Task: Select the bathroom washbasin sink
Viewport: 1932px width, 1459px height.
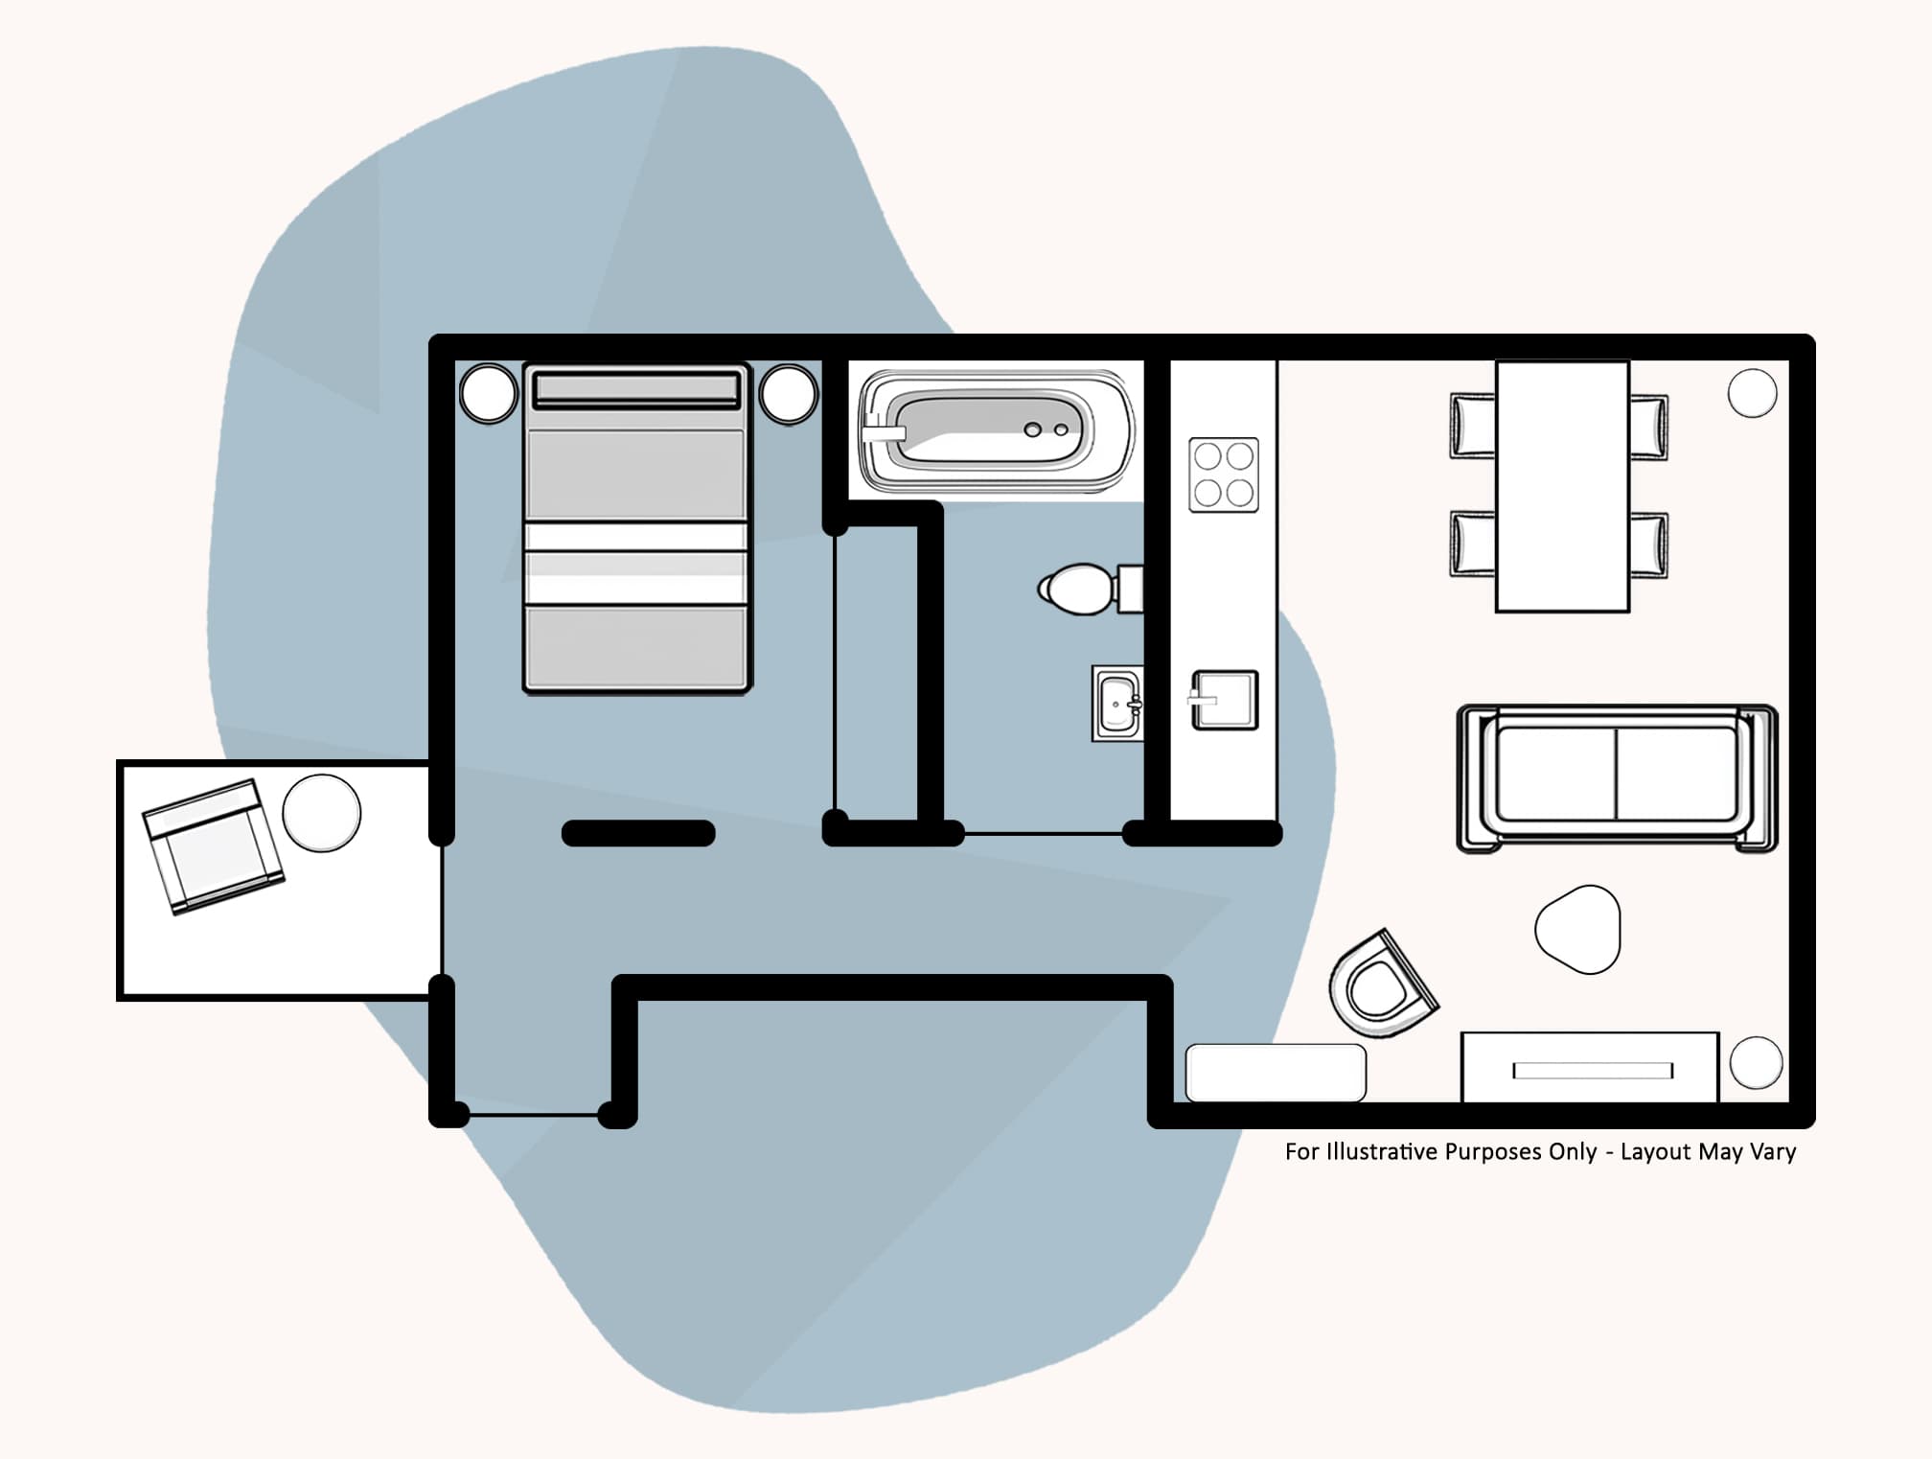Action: (x=1117, y=705)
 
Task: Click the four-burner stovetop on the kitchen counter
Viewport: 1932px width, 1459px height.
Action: (x=1224, y=475)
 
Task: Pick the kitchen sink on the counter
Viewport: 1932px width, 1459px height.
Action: (x=1225, y=700)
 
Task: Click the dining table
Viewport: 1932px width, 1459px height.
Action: (x=1562, y=486)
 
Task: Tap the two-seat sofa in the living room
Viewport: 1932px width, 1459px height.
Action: (x=1617, y=777)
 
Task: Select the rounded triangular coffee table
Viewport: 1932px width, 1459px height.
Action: (x=1578, y=929)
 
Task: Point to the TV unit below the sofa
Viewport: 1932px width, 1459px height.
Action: (x=1590, y=1068)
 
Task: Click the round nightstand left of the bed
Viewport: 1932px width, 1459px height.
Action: (x=489, y=393)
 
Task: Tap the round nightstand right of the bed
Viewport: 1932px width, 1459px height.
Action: (x=788, y=393)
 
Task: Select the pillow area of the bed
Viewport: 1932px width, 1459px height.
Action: (x=636, y=389)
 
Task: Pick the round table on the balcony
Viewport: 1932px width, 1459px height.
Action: (x=322, y=813)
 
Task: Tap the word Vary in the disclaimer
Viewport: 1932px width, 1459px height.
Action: (x=1773, y=1152)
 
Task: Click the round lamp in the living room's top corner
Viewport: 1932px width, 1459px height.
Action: (x=1752, y=393)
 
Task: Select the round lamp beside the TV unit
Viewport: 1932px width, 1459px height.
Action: (x=1756, y=1062)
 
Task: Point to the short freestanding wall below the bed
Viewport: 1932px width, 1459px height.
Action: (x=638, y=833)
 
